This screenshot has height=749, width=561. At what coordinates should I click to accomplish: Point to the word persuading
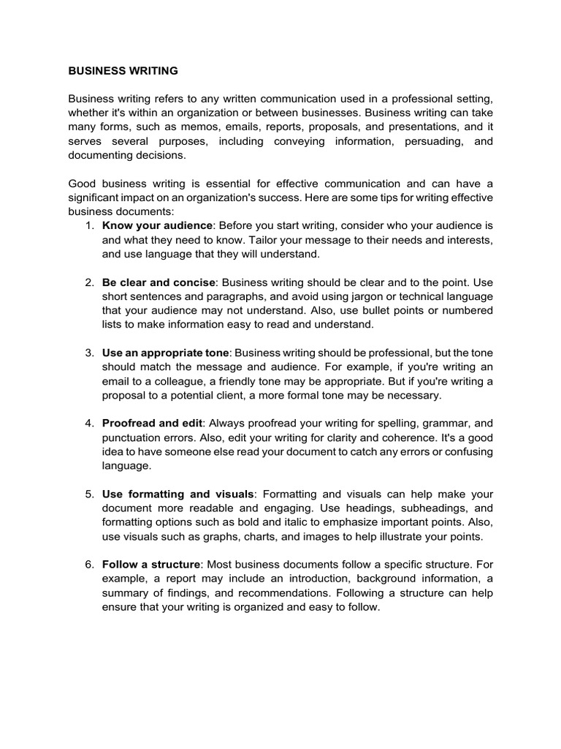coord(429,140)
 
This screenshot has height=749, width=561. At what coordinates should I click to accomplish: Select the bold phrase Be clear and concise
coord(159,282)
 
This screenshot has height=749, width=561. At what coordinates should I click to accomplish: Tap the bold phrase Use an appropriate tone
coord(166,353)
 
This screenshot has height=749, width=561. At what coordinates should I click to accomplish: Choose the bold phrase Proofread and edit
coord(153,424)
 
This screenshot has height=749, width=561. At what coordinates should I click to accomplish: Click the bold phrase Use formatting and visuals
coord(178,494)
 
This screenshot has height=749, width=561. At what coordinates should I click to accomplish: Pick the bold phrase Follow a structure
coord(151,565)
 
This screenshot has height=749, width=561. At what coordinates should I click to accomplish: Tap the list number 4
coord(88,424)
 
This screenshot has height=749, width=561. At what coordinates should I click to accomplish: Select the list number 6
coord(88,565)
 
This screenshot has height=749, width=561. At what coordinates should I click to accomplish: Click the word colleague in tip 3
coord(186,381)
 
